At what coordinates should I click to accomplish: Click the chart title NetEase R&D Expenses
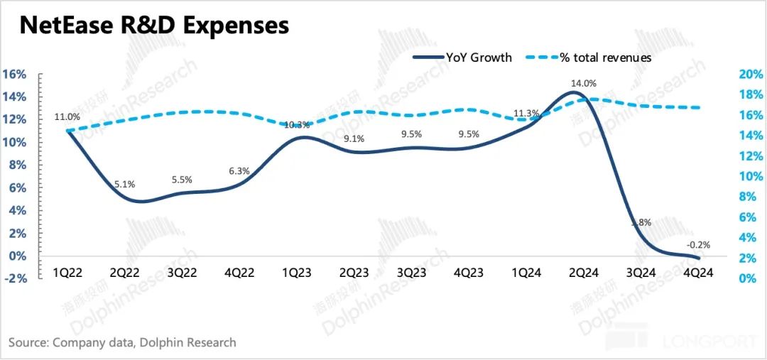tap(153, 26)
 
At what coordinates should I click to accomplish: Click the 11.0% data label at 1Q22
tap(67, 117)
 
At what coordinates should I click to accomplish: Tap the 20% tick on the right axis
tap(751, 75)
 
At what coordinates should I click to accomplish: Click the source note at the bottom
tap(122, 343)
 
